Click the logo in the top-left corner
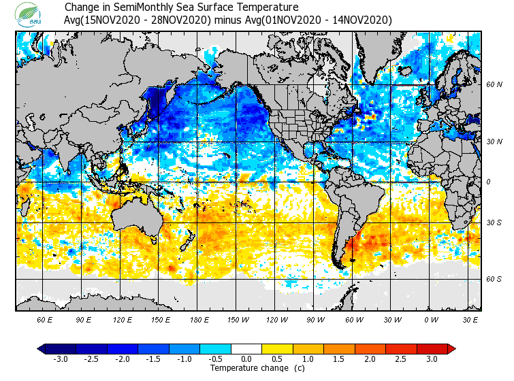click(x=31, y=15)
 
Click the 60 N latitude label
click(x=494, y=85)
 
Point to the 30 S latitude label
click(x=494, y=222)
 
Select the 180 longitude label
click(x=199, y=319)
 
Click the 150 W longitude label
click(x=238, y=319)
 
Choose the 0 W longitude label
click(x=431, y=319)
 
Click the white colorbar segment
click(x=246, y=349)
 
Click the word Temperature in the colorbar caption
click(x=234, y=368)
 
